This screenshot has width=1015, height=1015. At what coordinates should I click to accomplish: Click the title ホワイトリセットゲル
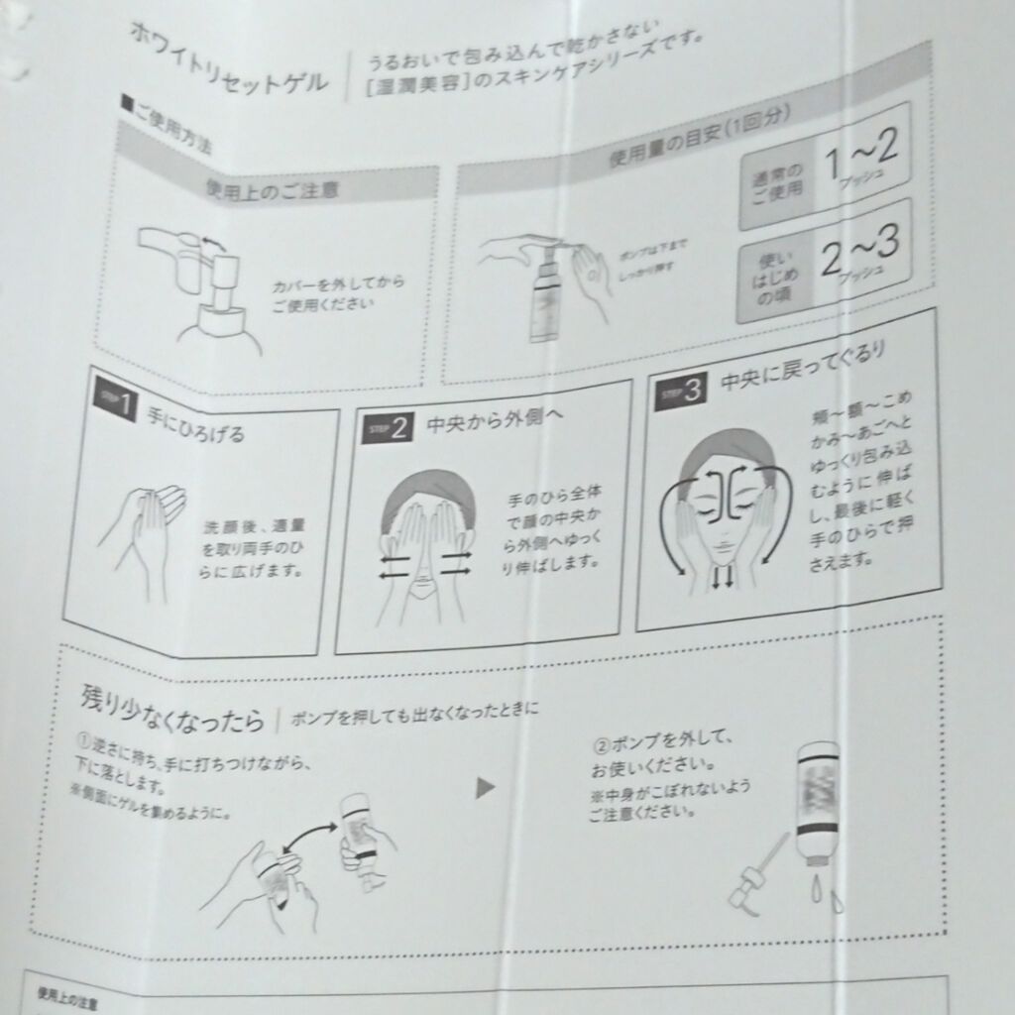pyautogui.click(x=229, y=58)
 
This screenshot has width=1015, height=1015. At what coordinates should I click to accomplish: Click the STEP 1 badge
pyautogui.click(x=117, y=398)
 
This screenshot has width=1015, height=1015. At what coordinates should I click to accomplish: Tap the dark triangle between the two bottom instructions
pyautogui.click(x=485, y=788)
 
